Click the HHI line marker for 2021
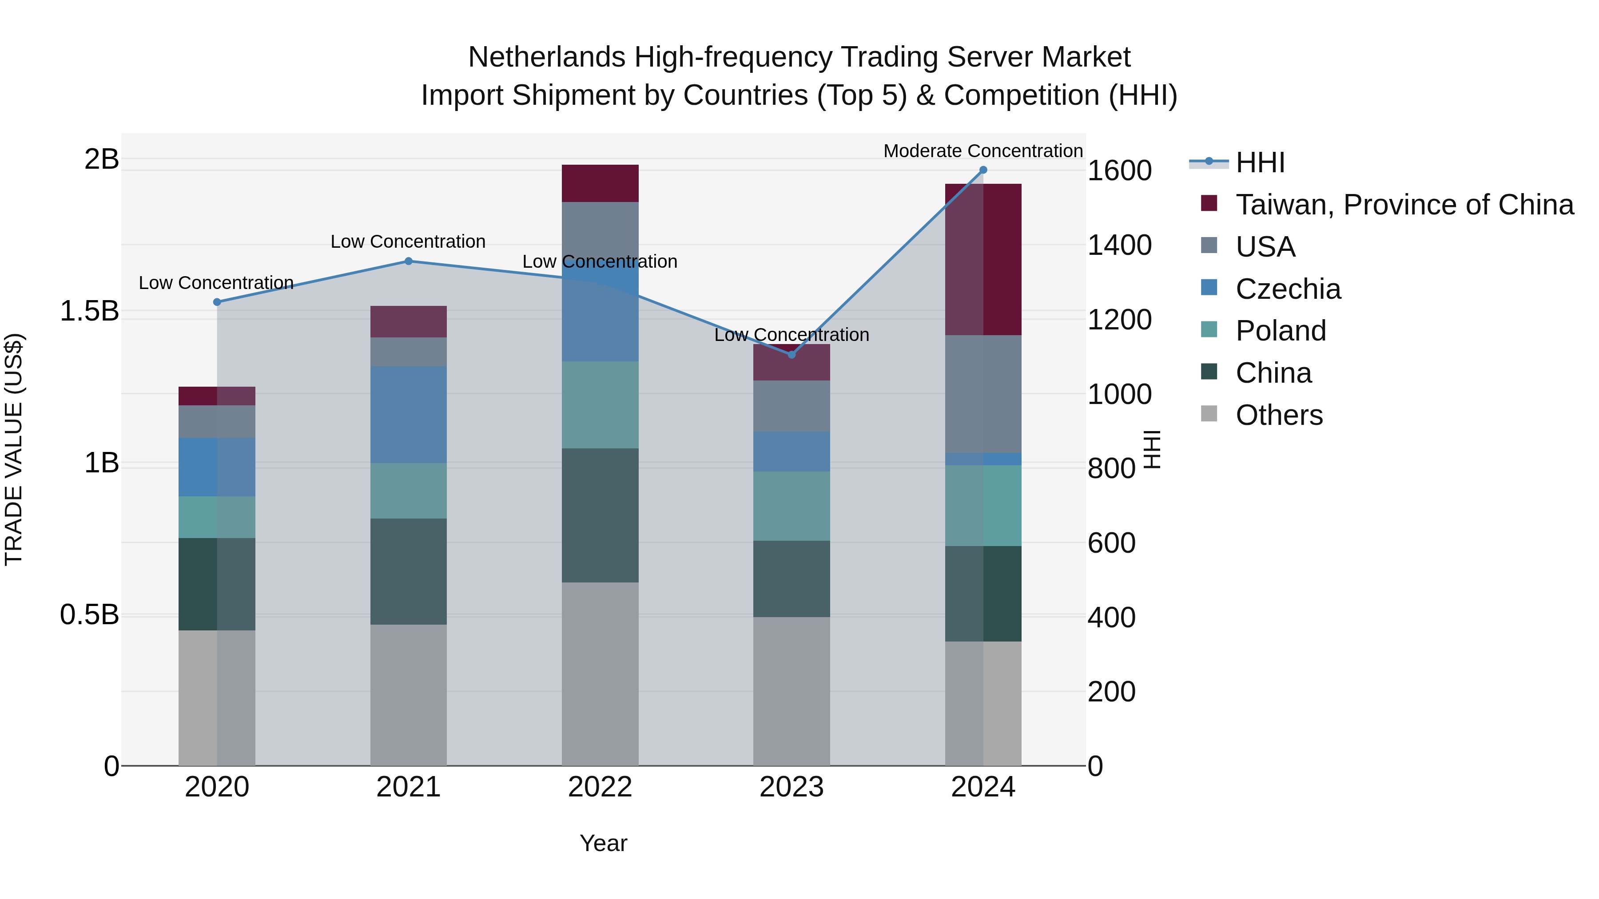click(x=409, y=261)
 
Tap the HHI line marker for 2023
click(x=792, y=354)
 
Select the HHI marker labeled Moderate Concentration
click(x=983, y=170)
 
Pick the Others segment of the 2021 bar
click(x=409, y=695)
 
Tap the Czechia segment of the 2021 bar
click(x=409, y=415)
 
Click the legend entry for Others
click(x=1279, y=415)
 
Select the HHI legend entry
click(x=1260, y=162)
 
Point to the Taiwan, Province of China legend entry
click(x=1404, y=205)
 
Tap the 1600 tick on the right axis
click(x=1119, y=170)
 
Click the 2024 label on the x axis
click(x=983, y=787)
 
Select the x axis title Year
click(x=603, y=843)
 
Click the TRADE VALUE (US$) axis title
click(x=14, y=449)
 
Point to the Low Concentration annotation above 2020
click(x=216, y=283)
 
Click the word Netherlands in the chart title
click(x=546, y=57)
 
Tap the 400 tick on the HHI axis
click(x=1111, y=618)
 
